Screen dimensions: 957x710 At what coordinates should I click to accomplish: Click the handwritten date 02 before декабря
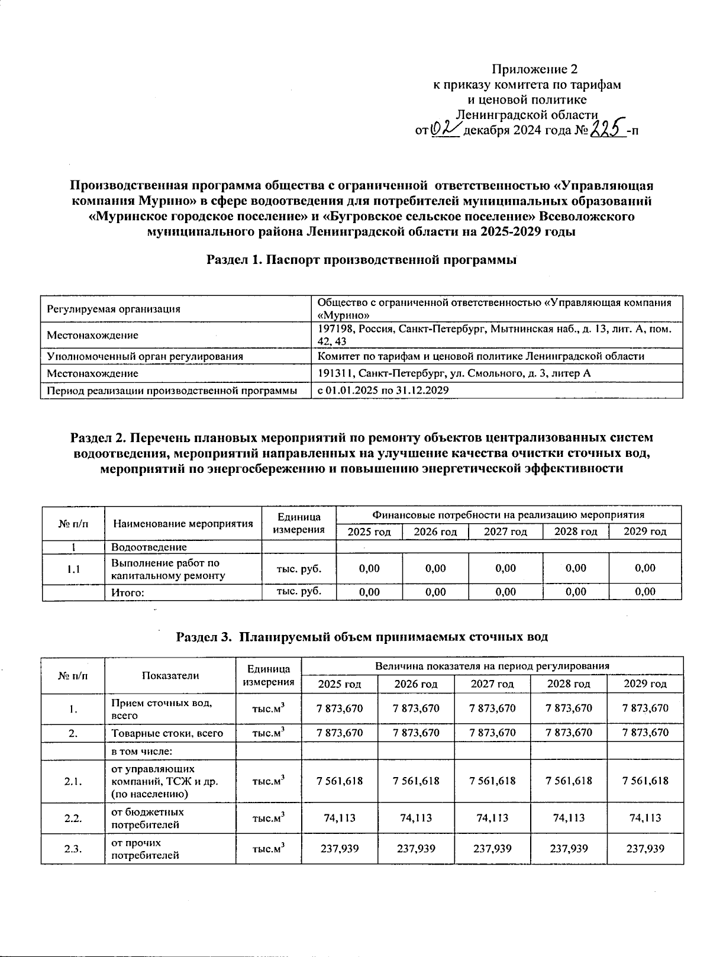[445, 128]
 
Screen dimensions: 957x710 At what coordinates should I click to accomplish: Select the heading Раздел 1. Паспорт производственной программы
[362, 260]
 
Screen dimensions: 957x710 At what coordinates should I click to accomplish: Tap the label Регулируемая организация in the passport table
[114, 309]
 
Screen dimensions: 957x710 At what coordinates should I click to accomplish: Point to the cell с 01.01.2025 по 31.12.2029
[383, 391]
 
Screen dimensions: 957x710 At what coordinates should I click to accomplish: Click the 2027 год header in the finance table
[505, 531]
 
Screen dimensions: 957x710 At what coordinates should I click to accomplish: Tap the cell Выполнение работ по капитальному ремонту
[169, 569]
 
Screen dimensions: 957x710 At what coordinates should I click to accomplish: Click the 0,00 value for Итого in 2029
[645, 591]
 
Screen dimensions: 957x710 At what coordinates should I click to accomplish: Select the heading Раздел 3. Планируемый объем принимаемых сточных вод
[362, 637]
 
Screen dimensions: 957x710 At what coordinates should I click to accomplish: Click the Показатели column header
[170, 675]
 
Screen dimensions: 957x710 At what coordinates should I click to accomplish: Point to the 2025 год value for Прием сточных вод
[340, 708]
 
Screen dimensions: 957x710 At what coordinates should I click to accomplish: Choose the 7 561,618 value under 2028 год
[568, 781]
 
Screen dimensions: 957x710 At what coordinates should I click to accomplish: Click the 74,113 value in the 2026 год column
[416, 818]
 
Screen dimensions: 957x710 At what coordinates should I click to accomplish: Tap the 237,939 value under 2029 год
[645, 849]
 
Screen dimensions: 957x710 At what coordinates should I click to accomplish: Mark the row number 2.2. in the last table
[73, 818]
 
